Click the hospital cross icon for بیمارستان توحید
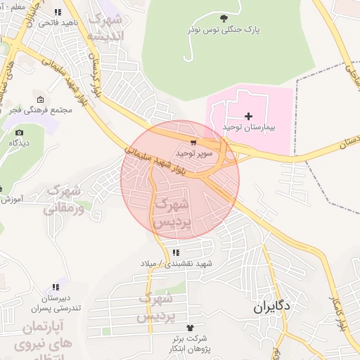[x=248, y=115]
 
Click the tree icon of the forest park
[x=224, y=18]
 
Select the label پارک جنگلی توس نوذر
[x=224, y=30]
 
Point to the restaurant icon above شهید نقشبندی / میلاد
[x=175, y=252]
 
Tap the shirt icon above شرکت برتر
[x=188, y=328]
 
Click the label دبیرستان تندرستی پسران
[x=54, y=303]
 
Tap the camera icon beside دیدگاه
[x=19, y=132]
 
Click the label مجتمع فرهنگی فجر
[x=46, y=110]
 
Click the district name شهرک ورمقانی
[x=64, y=199]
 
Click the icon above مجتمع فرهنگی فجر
[x=40, y=99]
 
